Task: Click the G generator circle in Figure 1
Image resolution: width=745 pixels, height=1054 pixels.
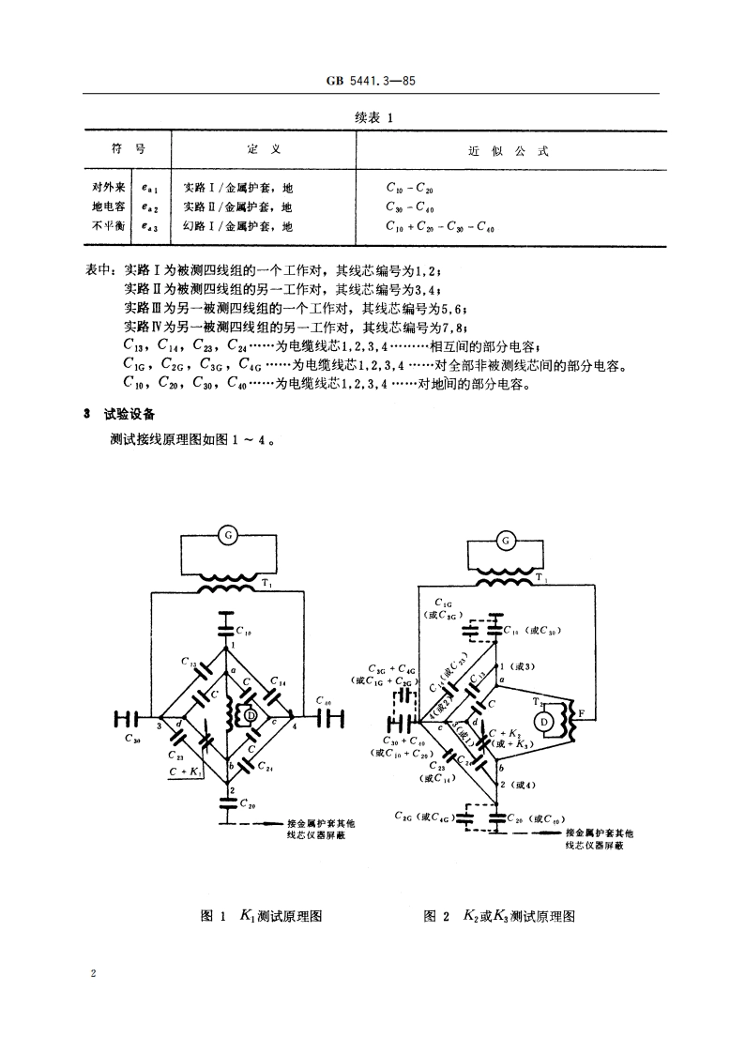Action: click(x=227, y=535)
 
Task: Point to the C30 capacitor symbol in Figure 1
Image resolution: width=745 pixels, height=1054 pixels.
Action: click(x=125, y=720)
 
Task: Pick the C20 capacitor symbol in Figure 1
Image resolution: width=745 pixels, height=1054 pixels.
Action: click(x=226, y=803)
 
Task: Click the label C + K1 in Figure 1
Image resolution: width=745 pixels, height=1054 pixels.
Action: click(x=187, y=771)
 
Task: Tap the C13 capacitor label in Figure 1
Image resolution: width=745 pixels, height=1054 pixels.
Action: click(x=188, y=664)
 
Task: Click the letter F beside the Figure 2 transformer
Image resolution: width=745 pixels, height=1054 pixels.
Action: click(x=582, y=714)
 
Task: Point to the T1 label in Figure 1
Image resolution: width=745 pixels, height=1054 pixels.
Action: click(x=267, y=584)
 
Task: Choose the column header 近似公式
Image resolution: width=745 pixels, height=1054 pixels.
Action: click(x=508, y=150)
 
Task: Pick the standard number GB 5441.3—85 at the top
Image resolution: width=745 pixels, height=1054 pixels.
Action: click(x=371, y=82)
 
